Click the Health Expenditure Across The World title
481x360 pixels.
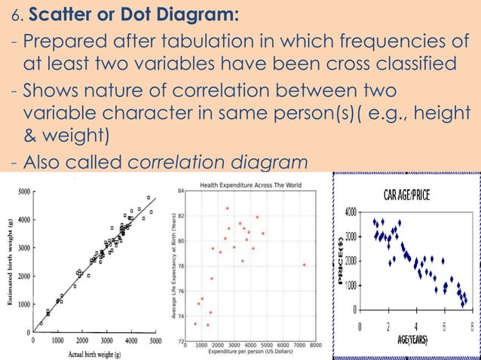point(250,185)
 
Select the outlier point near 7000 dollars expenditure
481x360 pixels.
point(303,264)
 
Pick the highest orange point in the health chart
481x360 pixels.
point(227,208)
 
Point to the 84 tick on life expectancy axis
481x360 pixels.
point(181,191)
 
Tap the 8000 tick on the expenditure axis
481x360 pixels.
point(315,345)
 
